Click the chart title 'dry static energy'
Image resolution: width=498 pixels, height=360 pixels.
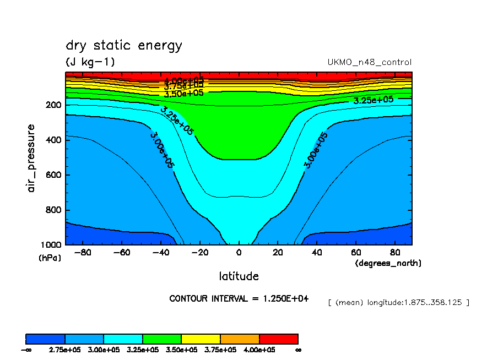click(123, 46)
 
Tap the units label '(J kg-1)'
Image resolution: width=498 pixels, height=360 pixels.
click(90, 62)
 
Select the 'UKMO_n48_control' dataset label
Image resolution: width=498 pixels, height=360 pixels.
click(369, 62)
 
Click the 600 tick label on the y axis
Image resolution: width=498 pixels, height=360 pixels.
click(54, 175)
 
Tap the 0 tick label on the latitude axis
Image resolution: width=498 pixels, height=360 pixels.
click(239, 253)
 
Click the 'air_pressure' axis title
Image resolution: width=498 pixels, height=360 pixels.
click(31, 158)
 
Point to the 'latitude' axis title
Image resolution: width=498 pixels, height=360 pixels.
click(239, 276)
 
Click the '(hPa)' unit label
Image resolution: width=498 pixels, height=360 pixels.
click(50, 258)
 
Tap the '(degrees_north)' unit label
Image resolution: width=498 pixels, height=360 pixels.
click(388, 263)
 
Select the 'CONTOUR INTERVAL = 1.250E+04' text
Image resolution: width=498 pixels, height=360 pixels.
click(239, 298)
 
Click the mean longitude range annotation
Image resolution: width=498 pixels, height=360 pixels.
click(398, 302)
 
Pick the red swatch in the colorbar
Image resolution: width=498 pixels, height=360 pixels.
click(278, 339)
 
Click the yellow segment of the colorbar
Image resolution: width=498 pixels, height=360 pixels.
click(201, 339)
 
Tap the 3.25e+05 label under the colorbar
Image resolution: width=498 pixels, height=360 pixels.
click(142, 350)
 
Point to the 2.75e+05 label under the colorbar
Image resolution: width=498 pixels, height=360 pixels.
click(65, 350)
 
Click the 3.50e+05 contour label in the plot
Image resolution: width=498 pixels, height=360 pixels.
click(183, 93)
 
